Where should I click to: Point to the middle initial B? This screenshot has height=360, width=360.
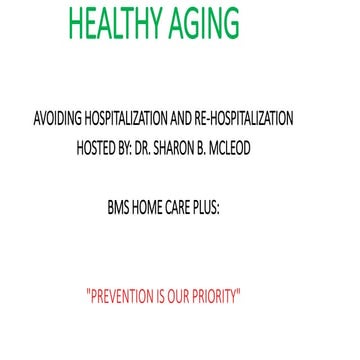click(x=237, y=140)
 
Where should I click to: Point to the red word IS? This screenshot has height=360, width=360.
click(x=174, y=297)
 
